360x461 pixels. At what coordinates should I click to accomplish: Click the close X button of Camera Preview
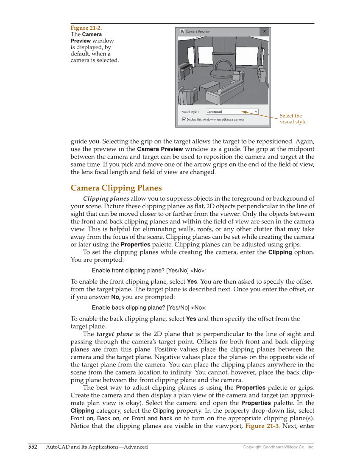264,31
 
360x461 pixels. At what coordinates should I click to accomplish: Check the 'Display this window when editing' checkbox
184,120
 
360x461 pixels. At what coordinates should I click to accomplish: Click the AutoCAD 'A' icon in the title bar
182,31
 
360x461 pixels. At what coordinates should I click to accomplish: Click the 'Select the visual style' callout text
293,119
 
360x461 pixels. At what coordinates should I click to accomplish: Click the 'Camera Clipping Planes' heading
116,188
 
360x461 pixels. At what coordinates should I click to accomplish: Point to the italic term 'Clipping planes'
106,198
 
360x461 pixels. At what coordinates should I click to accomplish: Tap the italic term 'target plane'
114,334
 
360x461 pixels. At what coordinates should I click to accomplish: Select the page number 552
33,447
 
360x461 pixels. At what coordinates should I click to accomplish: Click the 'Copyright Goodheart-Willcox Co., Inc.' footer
279,447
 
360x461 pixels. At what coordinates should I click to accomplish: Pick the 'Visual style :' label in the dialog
190,112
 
